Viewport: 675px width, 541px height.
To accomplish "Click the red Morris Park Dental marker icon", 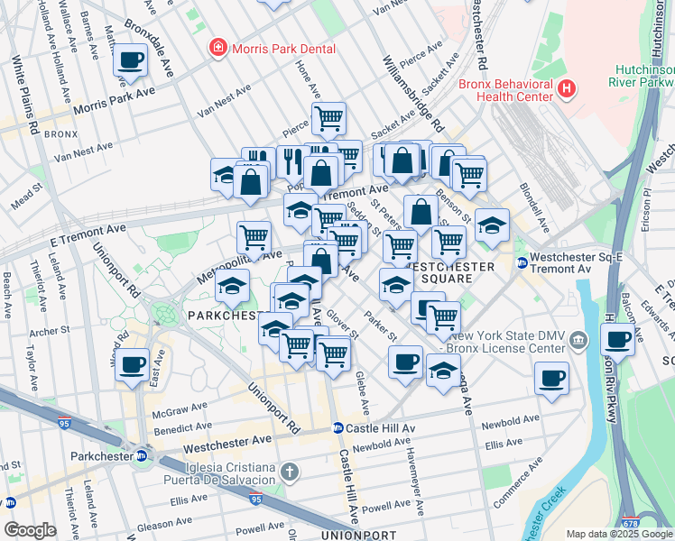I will (x=217, y=49).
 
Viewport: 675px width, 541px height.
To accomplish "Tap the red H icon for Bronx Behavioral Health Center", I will (x=567, y=88).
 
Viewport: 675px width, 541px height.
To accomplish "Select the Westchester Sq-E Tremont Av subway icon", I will (x=522, y=262).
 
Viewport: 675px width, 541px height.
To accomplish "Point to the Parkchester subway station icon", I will (x=141, y=456).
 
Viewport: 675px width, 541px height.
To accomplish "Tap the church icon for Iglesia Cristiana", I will (x=289, y=472).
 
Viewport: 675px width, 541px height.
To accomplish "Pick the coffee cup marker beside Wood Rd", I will (x=133, y=365).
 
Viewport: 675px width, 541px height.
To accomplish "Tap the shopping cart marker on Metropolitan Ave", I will (x=254, y=238).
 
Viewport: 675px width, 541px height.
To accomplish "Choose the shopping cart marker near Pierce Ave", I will (x=328, y=118).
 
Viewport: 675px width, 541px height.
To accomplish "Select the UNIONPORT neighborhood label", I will (x=358, y=535).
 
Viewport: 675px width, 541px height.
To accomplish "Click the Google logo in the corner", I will (x=30, y=529).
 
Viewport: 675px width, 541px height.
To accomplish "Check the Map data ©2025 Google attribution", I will (x=619, y=534).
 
